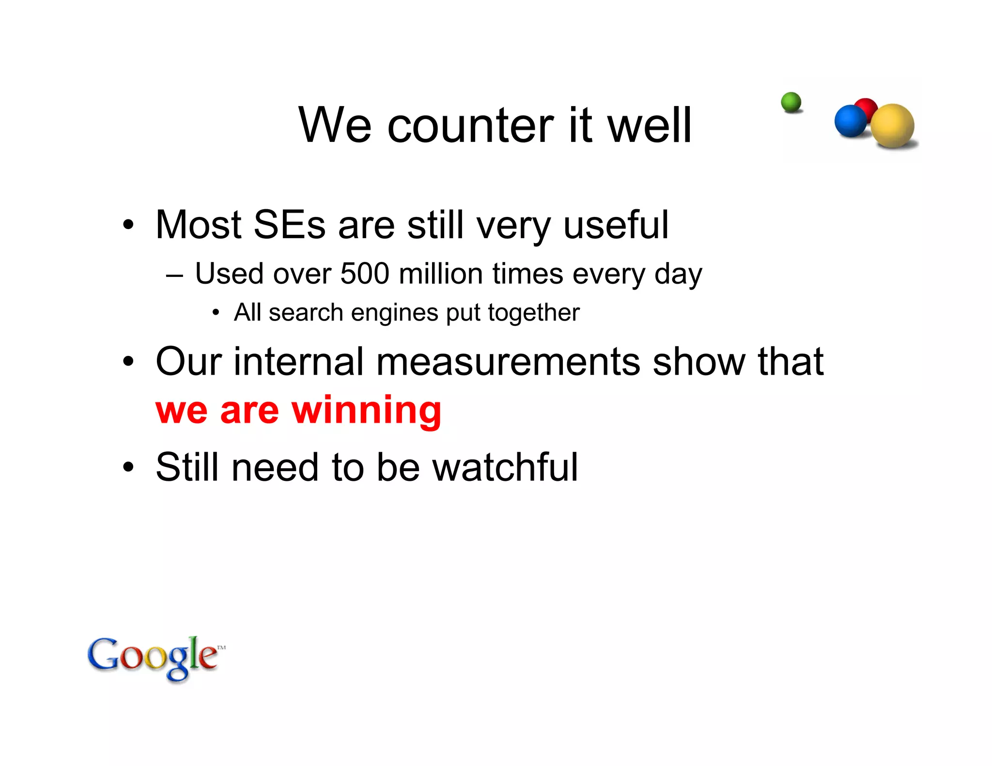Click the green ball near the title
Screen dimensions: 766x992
(791, 102)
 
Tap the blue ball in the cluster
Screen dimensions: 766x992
(850, 121)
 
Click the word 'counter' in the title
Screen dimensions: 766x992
(470, 125)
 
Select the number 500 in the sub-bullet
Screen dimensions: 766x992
(365, 274)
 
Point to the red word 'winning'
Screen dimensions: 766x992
(366, 410)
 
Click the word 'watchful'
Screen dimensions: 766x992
(505, 467)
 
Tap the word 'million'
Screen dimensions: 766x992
(441, 274)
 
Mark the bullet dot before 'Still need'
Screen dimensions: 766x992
(128, 467)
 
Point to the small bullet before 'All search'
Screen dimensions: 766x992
(216, 313)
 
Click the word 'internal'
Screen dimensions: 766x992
(298, 362)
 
